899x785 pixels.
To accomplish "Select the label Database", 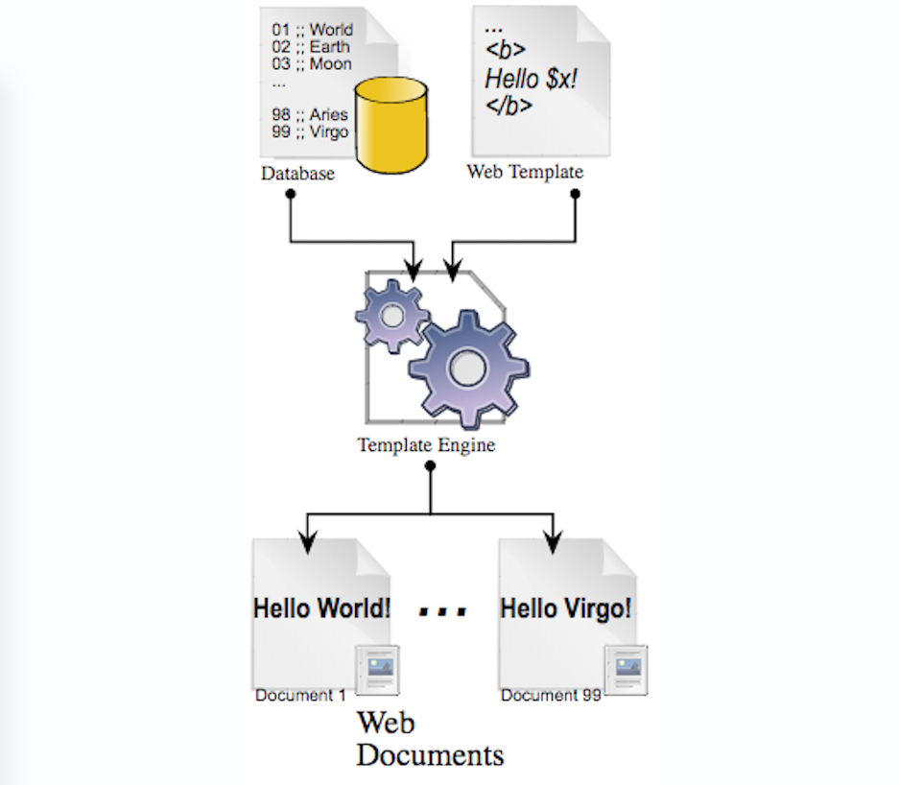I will tap(297, 174).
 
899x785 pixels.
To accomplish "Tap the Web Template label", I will tap(525, 173).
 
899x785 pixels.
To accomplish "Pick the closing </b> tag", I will tap(509, 106).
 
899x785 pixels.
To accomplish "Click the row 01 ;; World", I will tap(312, 30).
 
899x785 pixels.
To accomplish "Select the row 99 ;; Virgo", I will tap(310, 131).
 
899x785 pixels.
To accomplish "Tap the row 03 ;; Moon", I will tap(311, 64).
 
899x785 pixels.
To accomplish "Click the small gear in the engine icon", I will tap(391, 315).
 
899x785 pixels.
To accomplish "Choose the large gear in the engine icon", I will tap(467, 367).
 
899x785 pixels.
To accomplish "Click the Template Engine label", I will tap(426, 445).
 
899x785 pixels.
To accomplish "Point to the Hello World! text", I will tap(321, 607).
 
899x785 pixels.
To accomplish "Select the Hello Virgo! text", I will tap(566, 607).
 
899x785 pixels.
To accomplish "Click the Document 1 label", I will tap(300, 695).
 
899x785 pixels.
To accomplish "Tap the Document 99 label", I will tap(551, 695).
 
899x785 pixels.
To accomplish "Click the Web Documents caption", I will tap(429, 739).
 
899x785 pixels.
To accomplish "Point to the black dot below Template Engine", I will tap(431, 466).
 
